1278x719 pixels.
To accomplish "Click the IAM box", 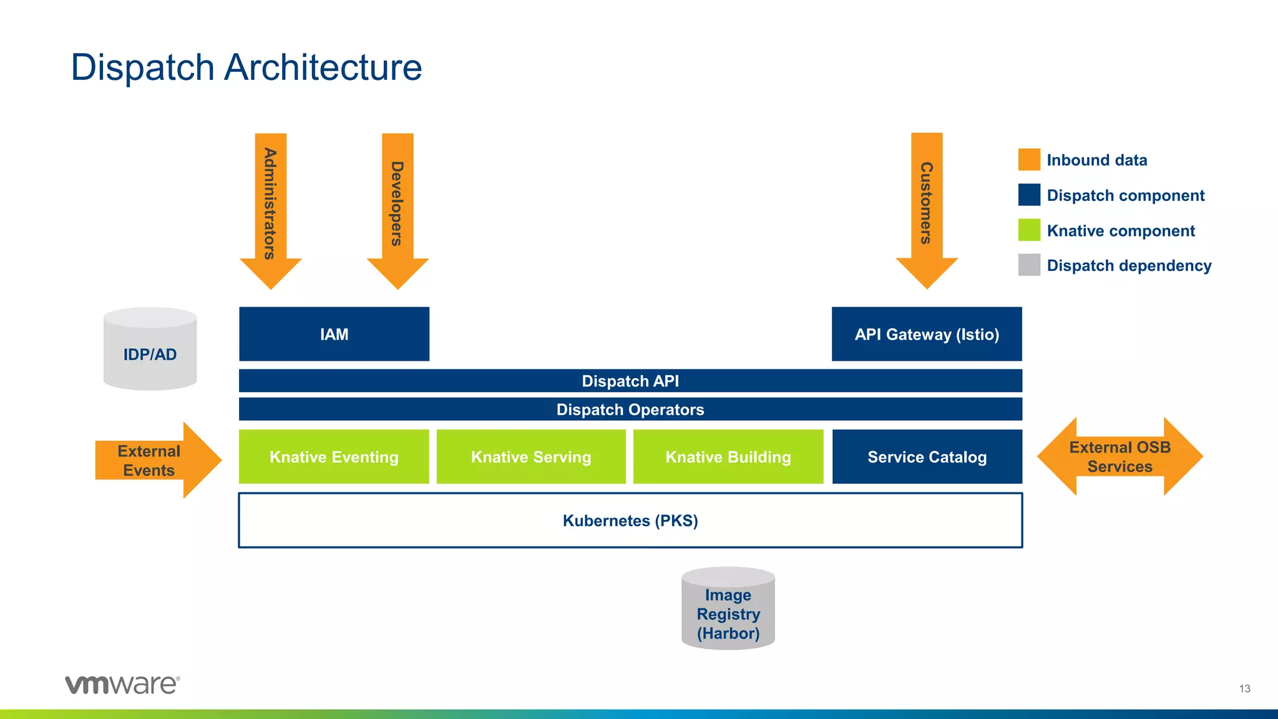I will point(334,334).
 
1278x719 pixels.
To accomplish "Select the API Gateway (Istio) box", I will point(927,334).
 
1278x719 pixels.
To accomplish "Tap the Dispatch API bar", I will point(630,381).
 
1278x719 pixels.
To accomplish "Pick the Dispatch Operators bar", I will point(630,409).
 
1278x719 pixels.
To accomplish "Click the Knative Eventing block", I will point(334,457).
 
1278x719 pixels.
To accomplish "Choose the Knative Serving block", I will point(531,457).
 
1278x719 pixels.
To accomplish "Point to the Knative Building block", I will point(728,457).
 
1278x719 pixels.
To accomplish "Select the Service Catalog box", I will point(927,457).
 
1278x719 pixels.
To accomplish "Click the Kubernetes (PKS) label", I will point(630,521).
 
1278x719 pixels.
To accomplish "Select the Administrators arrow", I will point(271,206).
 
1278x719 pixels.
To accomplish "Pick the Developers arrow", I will point(398,206).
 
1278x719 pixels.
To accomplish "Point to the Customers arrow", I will point(927,206).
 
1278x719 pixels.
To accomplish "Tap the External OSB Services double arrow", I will point(1119,457).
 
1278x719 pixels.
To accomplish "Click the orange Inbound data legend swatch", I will point(1029,160).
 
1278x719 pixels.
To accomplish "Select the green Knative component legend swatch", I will point(1029,230).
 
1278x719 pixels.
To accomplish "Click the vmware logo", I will point(122,685).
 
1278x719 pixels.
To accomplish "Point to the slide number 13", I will point(1244,689).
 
